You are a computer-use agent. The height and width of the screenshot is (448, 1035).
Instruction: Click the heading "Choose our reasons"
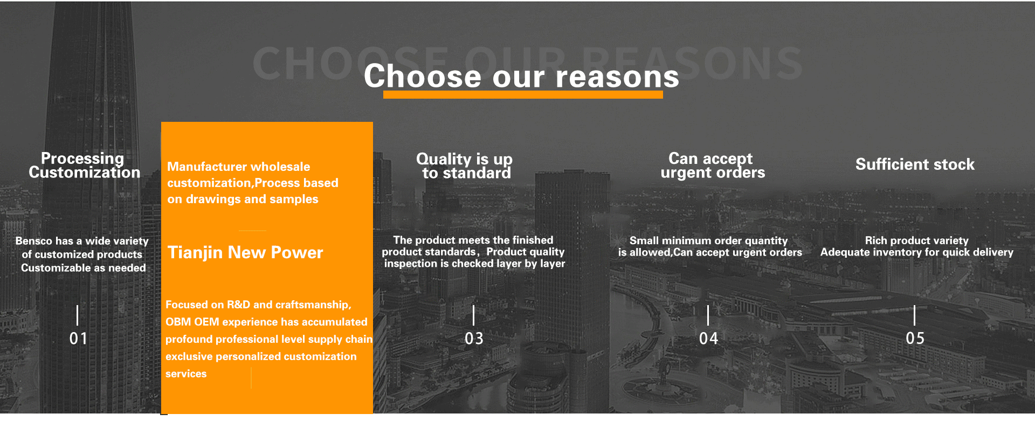[521, 76]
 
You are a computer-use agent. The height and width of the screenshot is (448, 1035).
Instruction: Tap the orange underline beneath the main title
[523, 95]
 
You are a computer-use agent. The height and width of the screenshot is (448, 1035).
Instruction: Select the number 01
[78, 339]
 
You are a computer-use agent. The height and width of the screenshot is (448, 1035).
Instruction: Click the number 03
[474, 339]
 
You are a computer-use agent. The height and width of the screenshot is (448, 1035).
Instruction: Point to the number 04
[708, 339]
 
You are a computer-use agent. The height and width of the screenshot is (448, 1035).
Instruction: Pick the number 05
[915, 339]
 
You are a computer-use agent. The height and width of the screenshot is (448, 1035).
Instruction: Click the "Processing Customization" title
[84, 166]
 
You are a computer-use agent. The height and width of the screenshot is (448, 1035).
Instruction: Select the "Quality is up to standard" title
[465, 166]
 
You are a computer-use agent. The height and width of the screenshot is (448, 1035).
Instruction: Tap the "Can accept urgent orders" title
[713, 166]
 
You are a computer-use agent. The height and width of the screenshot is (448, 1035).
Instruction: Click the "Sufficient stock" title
[915, 164]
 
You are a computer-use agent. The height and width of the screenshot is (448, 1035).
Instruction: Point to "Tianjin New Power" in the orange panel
[245, 253]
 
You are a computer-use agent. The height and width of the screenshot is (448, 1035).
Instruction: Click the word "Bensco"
[34, 241]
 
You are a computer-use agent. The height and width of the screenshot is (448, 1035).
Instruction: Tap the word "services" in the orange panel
[186, 374]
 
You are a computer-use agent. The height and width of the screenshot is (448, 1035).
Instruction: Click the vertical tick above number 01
[78, 315]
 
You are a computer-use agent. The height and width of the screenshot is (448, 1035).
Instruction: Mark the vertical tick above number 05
[915, 315]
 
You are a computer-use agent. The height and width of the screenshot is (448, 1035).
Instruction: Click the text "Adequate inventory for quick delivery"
[917, 252]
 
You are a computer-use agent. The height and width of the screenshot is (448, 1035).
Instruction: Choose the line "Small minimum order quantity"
[708, 240]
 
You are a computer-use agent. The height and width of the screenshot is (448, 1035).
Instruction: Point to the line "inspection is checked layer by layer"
[474, 264]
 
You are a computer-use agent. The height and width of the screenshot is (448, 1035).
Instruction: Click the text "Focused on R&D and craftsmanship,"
[258, 305]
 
